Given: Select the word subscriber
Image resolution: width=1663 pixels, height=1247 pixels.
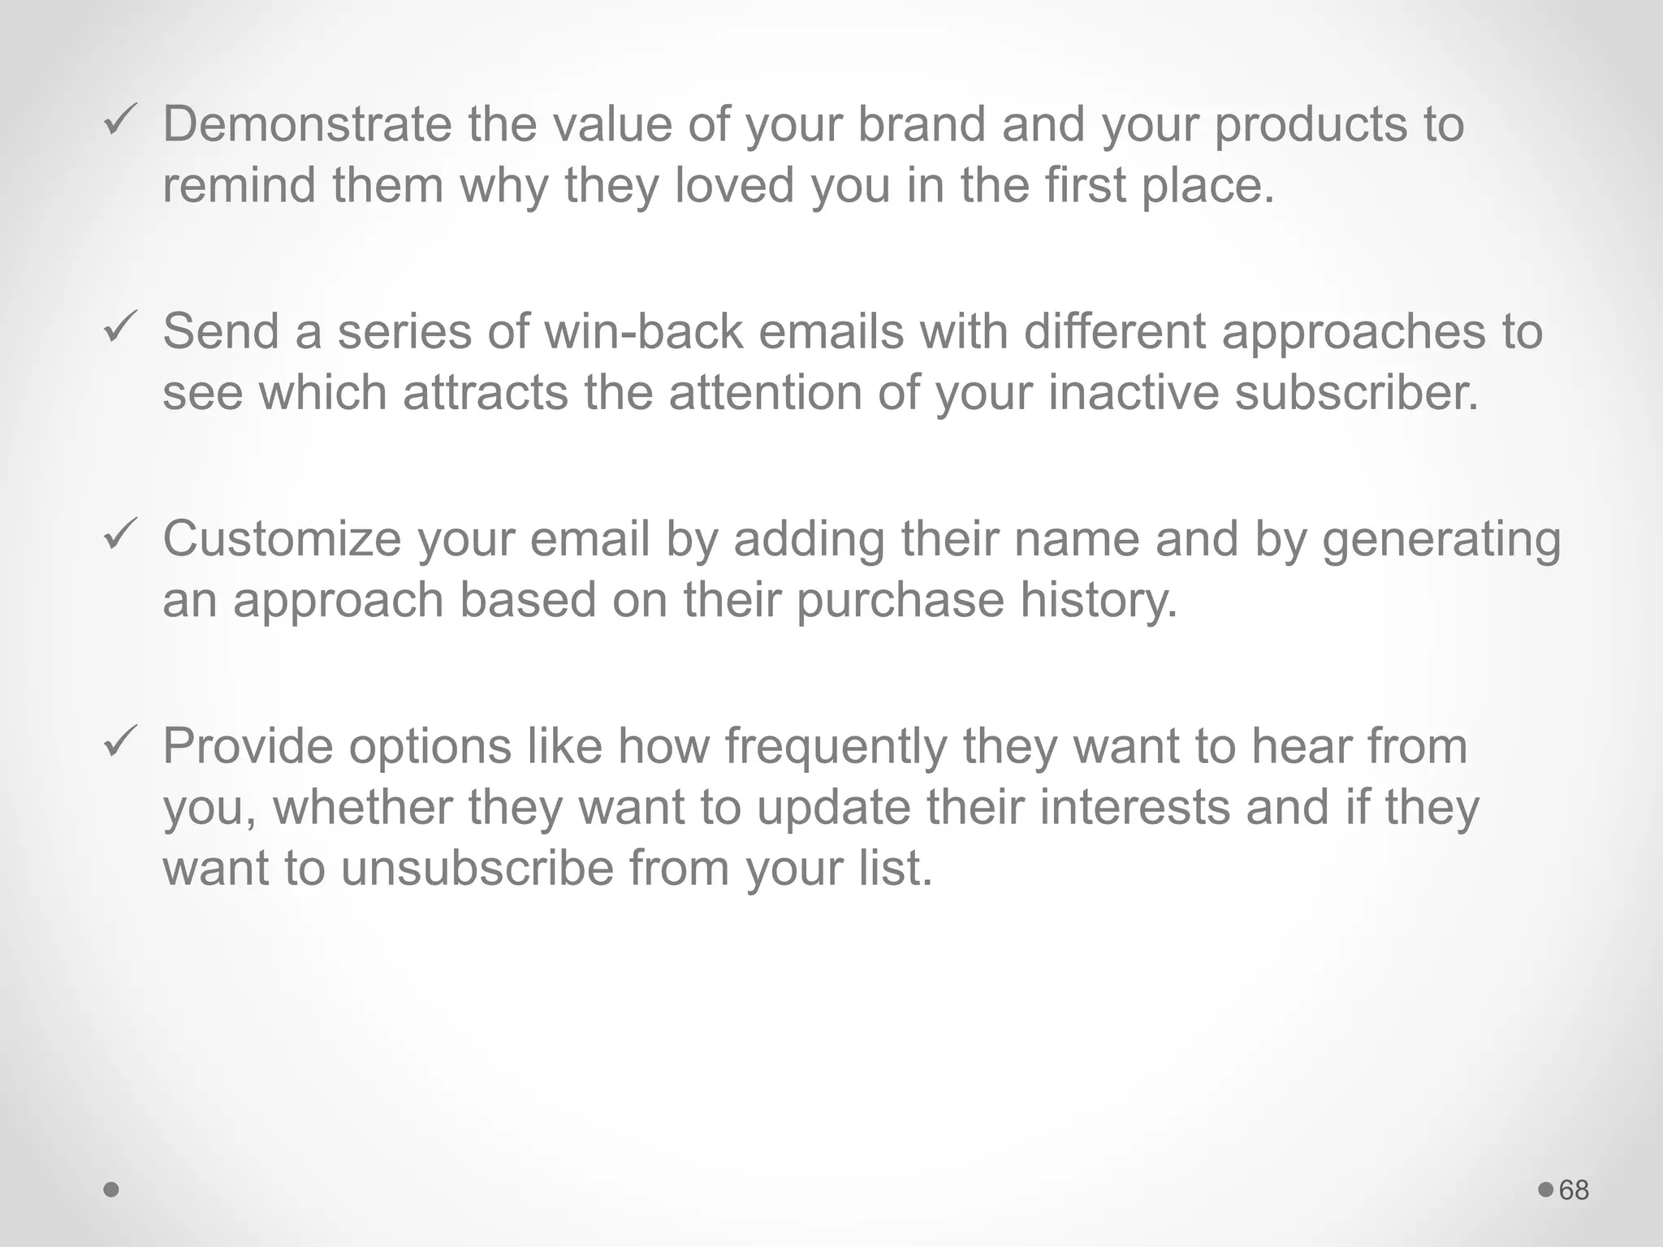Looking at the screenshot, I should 1356,392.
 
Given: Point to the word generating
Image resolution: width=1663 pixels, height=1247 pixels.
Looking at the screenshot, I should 1441,541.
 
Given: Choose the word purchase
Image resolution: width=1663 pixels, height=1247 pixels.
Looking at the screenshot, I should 900,601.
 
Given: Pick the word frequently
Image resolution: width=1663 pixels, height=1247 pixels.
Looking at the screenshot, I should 836,747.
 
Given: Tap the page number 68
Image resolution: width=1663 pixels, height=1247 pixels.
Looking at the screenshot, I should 1574,1190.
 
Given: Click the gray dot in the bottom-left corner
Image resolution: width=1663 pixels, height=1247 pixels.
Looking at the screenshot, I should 112,1190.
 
